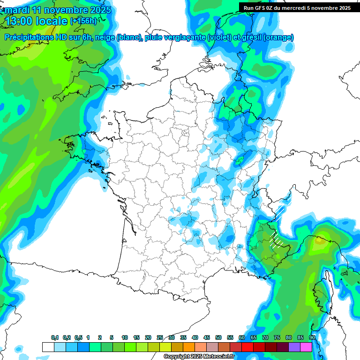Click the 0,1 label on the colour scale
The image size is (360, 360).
click(55, 337)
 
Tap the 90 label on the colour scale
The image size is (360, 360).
click(312, 337)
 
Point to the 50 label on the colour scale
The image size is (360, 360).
click(218, 337)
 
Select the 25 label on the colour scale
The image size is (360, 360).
click(160, 337)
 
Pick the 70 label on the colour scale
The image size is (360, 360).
click(265, 337)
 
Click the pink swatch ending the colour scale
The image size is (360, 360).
click(306, 347)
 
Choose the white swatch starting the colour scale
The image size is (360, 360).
click(48, 347)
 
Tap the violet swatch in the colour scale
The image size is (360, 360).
click(294, 347)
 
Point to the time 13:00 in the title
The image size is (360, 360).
click(21, 21)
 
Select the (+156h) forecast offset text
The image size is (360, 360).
click(83, 21)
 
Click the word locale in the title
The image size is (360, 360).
click(53, 21)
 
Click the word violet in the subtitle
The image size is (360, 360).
click(220, 37)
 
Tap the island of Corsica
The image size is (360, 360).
click(322, 291)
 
